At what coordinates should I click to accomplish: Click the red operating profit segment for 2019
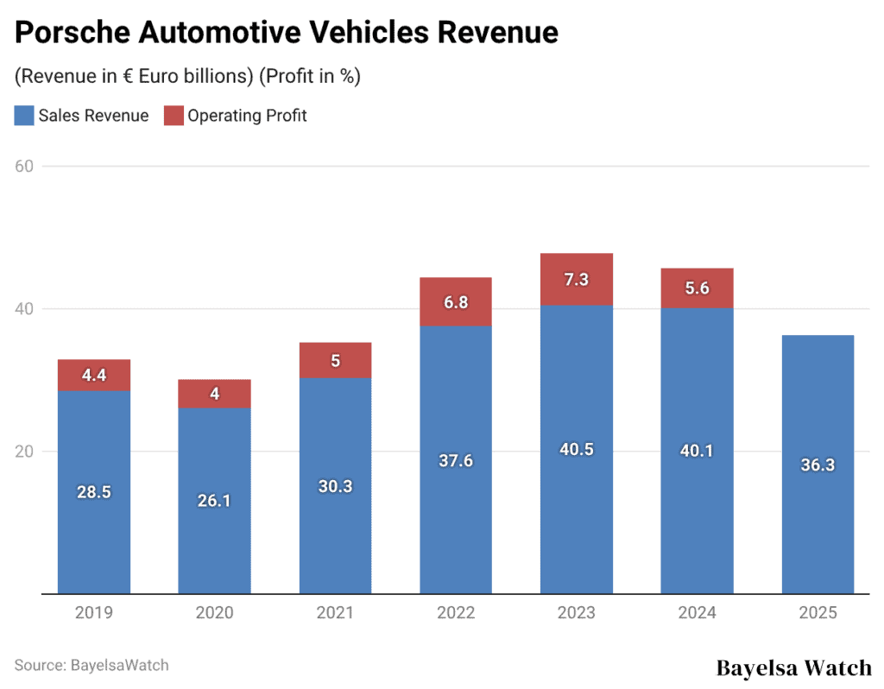pos(93,376)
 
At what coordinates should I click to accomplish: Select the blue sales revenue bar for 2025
pos(818,465)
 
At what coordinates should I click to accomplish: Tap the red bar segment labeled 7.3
pos(577,279)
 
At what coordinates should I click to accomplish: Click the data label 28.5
pos(93,492)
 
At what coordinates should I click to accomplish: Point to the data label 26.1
pos(214,501)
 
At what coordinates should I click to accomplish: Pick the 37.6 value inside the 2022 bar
pos(456,460)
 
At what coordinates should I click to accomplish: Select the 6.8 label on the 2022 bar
pos(456,302)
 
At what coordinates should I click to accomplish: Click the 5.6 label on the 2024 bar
pos(697,288)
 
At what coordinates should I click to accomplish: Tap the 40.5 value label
pos(577,449)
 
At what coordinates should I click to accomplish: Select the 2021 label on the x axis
pos(335,613)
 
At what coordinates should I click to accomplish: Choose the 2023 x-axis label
pos(577,613)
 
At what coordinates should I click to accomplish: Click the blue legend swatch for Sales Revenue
pos(24,116)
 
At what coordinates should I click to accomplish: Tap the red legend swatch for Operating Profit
pos(174,116)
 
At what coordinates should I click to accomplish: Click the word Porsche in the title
pos(69,33)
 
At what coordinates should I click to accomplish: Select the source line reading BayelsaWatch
pos(92,665)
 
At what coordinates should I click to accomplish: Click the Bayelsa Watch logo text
pos(794,667)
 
